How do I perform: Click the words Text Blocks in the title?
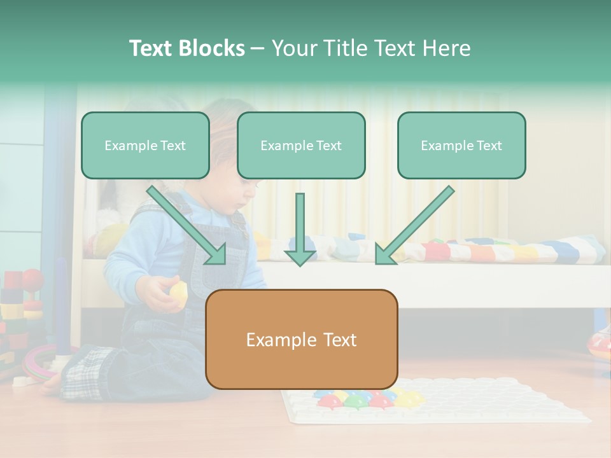tap(186, 48)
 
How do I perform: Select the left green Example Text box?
tap(145, 146)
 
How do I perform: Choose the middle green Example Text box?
tap(301, 146)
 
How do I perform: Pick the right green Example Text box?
tap(461, 146)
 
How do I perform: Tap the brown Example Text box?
tap(301, 340)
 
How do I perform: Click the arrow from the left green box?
tap(188, 226)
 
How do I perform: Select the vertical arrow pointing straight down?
tap(300, 229)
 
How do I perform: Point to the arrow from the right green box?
tap(414, 226)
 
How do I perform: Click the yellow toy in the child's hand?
tap(179, 292)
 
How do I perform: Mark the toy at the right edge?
tap(600, 343)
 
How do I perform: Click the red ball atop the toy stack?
tap(32, 278)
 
